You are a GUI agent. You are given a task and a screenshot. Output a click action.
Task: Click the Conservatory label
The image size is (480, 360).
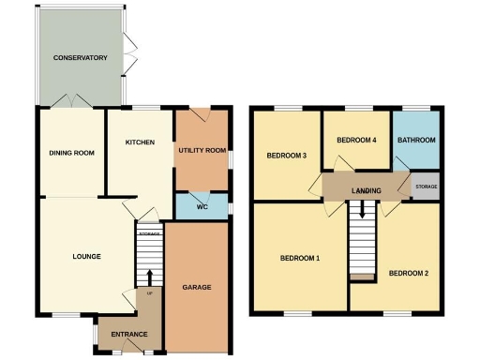point(80,58)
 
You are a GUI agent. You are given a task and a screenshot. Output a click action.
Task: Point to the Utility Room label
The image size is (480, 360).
point(202,150)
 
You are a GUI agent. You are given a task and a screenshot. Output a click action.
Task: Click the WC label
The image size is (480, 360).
point(202,207)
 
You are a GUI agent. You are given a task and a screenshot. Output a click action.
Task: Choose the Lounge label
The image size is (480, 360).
point(86,256)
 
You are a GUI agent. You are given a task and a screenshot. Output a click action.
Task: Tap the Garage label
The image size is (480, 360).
point(197,288)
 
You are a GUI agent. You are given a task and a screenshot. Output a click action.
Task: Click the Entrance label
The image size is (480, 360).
point(129,335)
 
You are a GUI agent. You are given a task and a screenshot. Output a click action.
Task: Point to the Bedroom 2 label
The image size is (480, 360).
point(409,274)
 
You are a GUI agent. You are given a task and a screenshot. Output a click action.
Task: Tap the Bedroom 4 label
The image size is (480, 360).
point(356,141)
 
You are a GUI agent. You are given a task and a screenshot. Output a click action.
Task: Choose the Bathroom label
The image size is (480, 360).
point(416,141)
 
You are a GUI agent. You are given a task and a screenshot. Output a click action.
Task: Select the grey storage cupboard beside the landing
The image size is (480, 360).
point(426,187)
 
